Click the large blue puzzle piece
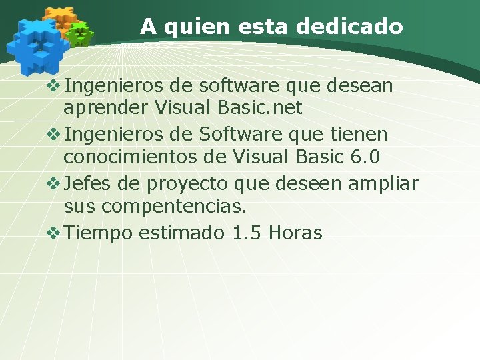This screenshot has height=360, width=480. coord(37,45)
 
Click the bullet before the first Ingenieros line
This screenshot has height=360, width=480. coord(54,86)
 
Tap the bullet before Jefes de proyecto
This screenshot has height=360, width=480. coord(54,183)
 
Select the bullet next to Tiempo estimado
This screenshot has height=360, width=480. coord(54,233)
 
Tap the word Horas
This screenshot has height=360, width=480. coord(298,233)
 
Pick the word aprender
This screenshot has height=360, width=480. coord(105,107)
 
